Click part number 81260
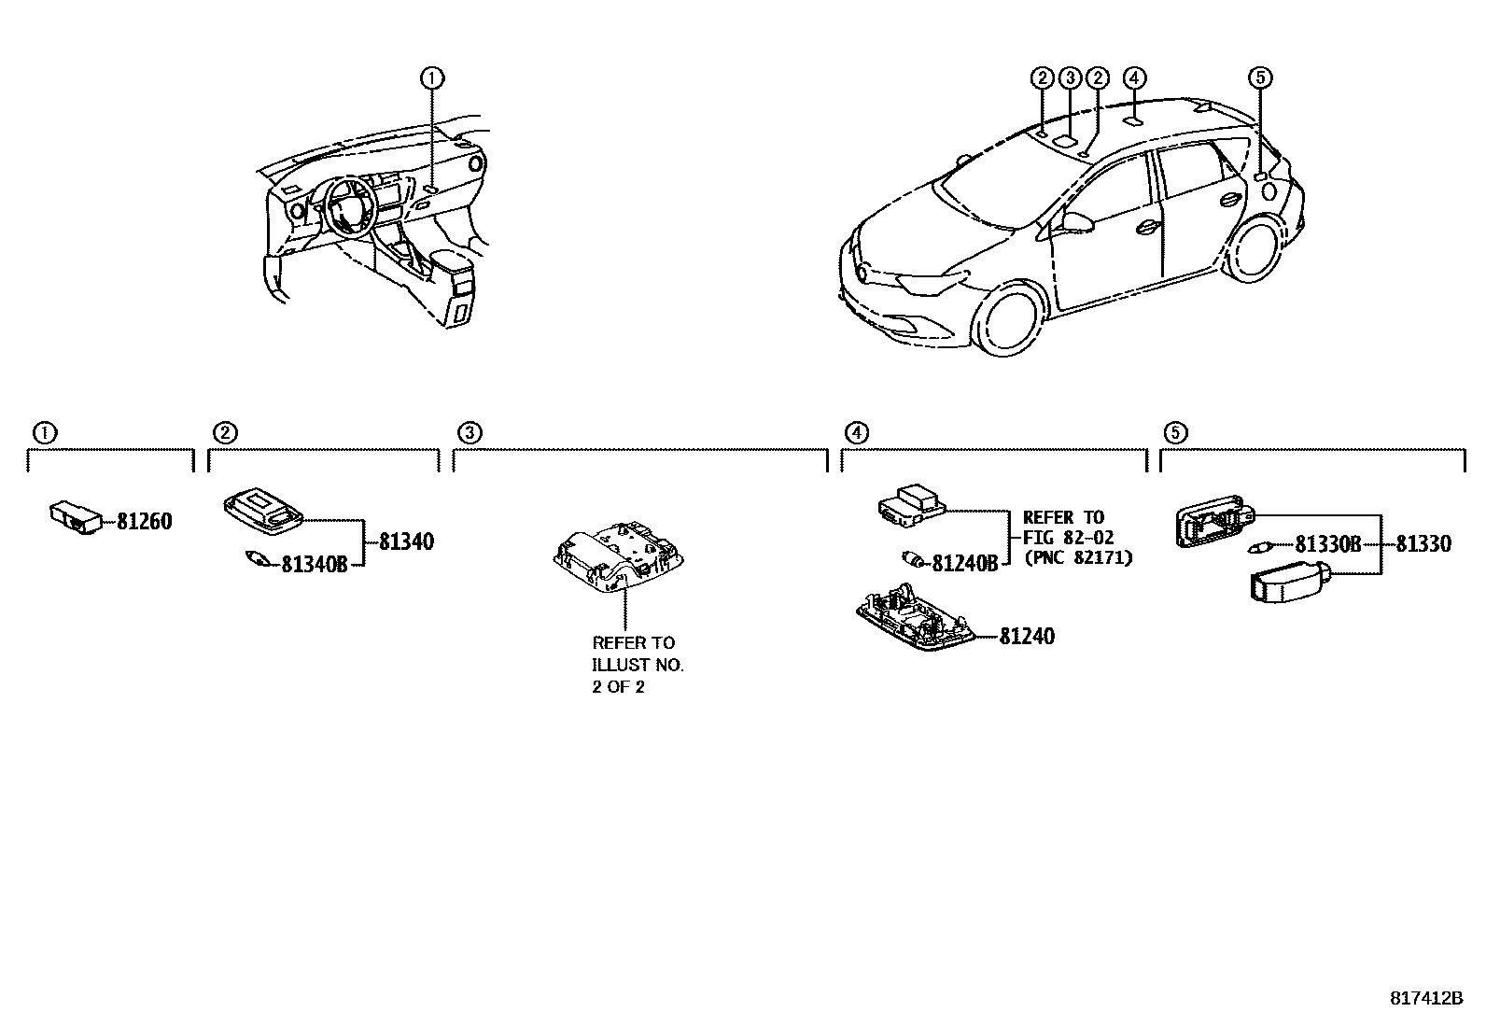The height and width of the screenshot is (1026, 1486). point(145,522)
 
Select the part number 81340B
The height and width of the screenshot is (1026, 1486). point(315,564)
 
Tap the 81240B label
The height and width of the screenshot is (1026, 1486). point(965,563)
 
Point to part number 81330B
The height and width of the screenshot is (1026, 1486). point(1328,544)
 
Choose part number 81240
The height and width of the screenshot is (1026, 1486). point(1027,637)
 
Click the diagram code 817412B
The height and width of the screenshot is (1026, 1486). point(1426,998)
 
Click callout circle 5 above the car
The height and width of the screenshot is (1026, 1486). point(1260,77)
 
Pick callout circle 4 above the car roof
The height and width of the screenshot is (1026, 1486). point(1134,77)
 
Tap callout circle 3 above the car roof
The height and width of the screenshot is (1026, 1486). point(1071,77)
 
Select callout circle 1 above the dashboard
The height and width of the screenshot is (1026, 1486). point(431,77)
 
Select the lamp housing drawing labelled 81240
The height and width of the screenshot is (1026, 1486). point(914,617)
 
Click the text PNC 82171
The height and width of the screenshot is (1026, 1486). point(1078,558)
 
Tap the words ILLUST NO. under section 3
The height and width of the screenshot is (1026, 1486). point(638,665)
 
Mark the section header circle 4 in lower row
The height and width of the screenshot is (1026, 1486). point(856,432)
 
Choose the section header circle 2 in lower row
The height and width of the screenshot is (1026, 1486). point(225,432)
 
